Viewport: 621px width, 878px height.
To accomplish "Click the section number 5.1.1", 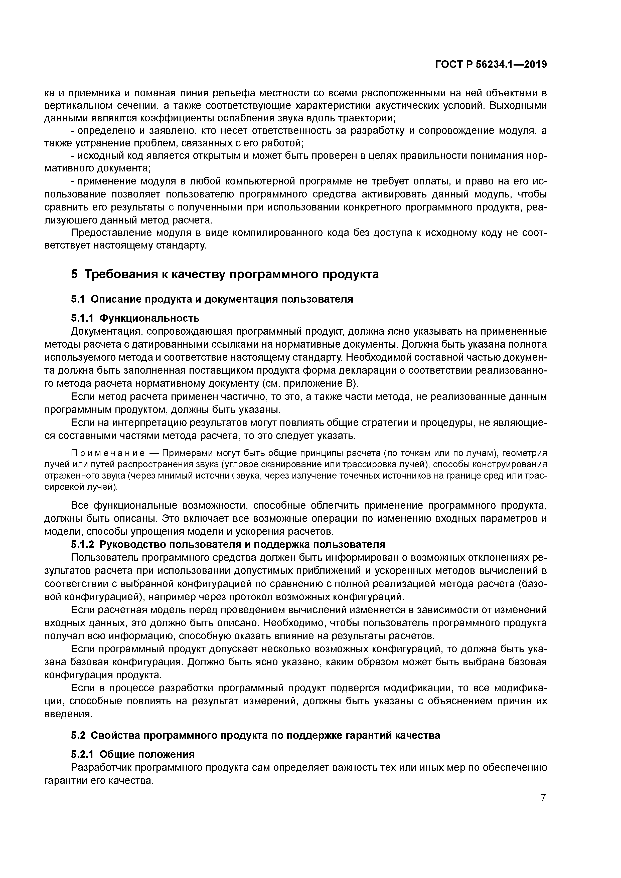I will [x=82, y=318].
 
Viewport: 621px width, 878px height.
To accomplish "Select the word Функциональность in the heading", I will [x=149, y=318].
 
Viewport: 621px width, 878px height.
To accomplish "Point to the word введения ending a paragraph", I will [x=68, y=714].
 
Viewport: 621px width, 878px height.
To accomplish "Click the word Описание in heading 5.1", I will [x=114, y=299].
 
